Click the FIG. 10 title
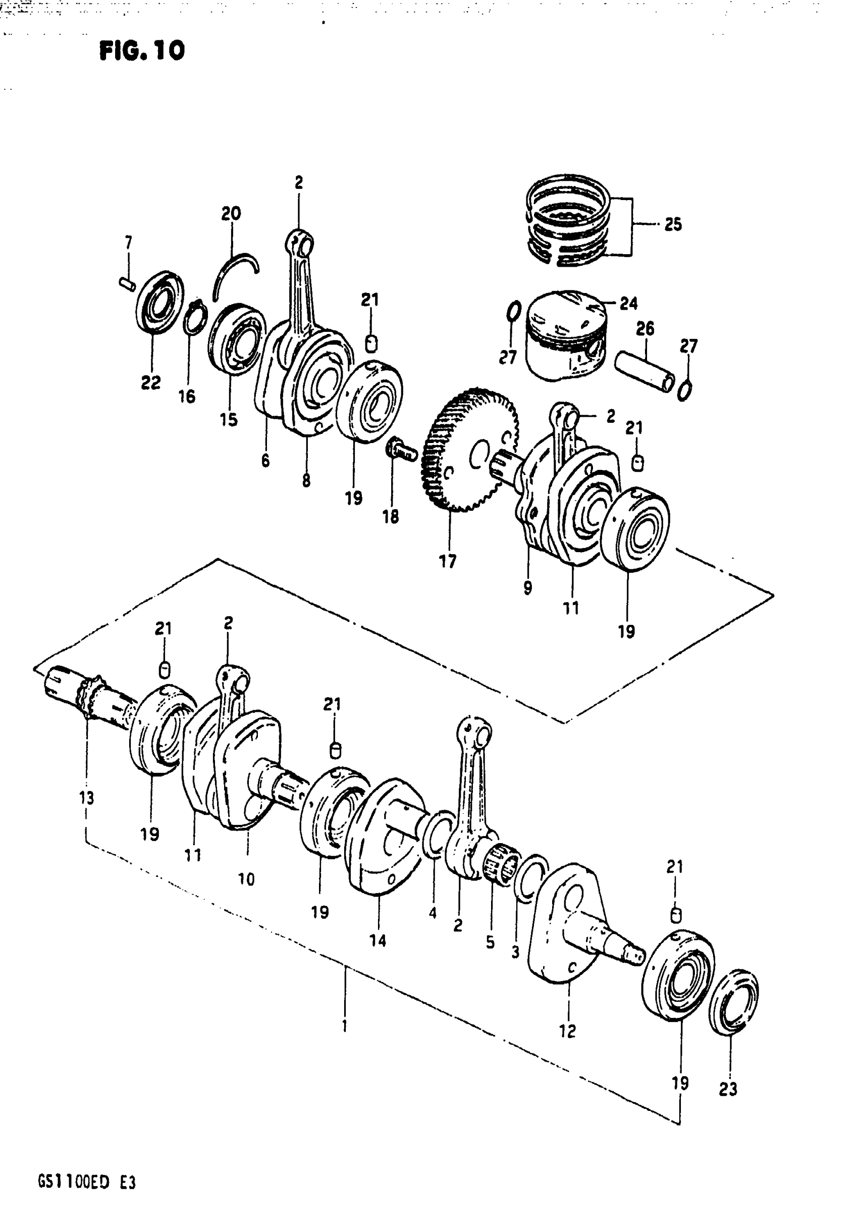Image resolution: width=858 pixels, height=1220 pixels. (x=142, y=51)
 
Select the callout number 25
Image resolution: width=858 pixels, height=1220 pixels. (x=673, y=224)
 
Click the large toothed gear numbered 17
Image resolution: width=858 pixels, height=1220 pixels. (x=467, y=450)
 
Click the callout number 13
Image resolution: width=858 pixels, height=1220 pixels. (x=86, y=798)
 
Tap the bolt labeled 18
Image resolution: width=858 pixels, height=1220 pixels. (x=401, y=451)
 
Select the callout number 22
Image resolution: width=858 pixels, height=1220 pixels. (x=150, y=382)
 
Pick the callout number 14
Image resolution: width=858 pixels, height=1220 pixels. (x=378, y=941)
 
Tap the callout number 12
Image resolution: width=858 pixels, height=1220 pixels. (x=567, y=1031)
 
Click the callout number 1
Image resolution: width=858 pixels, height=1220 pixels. (x=345, y=1025)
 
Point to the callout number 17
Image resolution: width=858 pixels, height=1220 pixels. (x=448, y=561)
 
